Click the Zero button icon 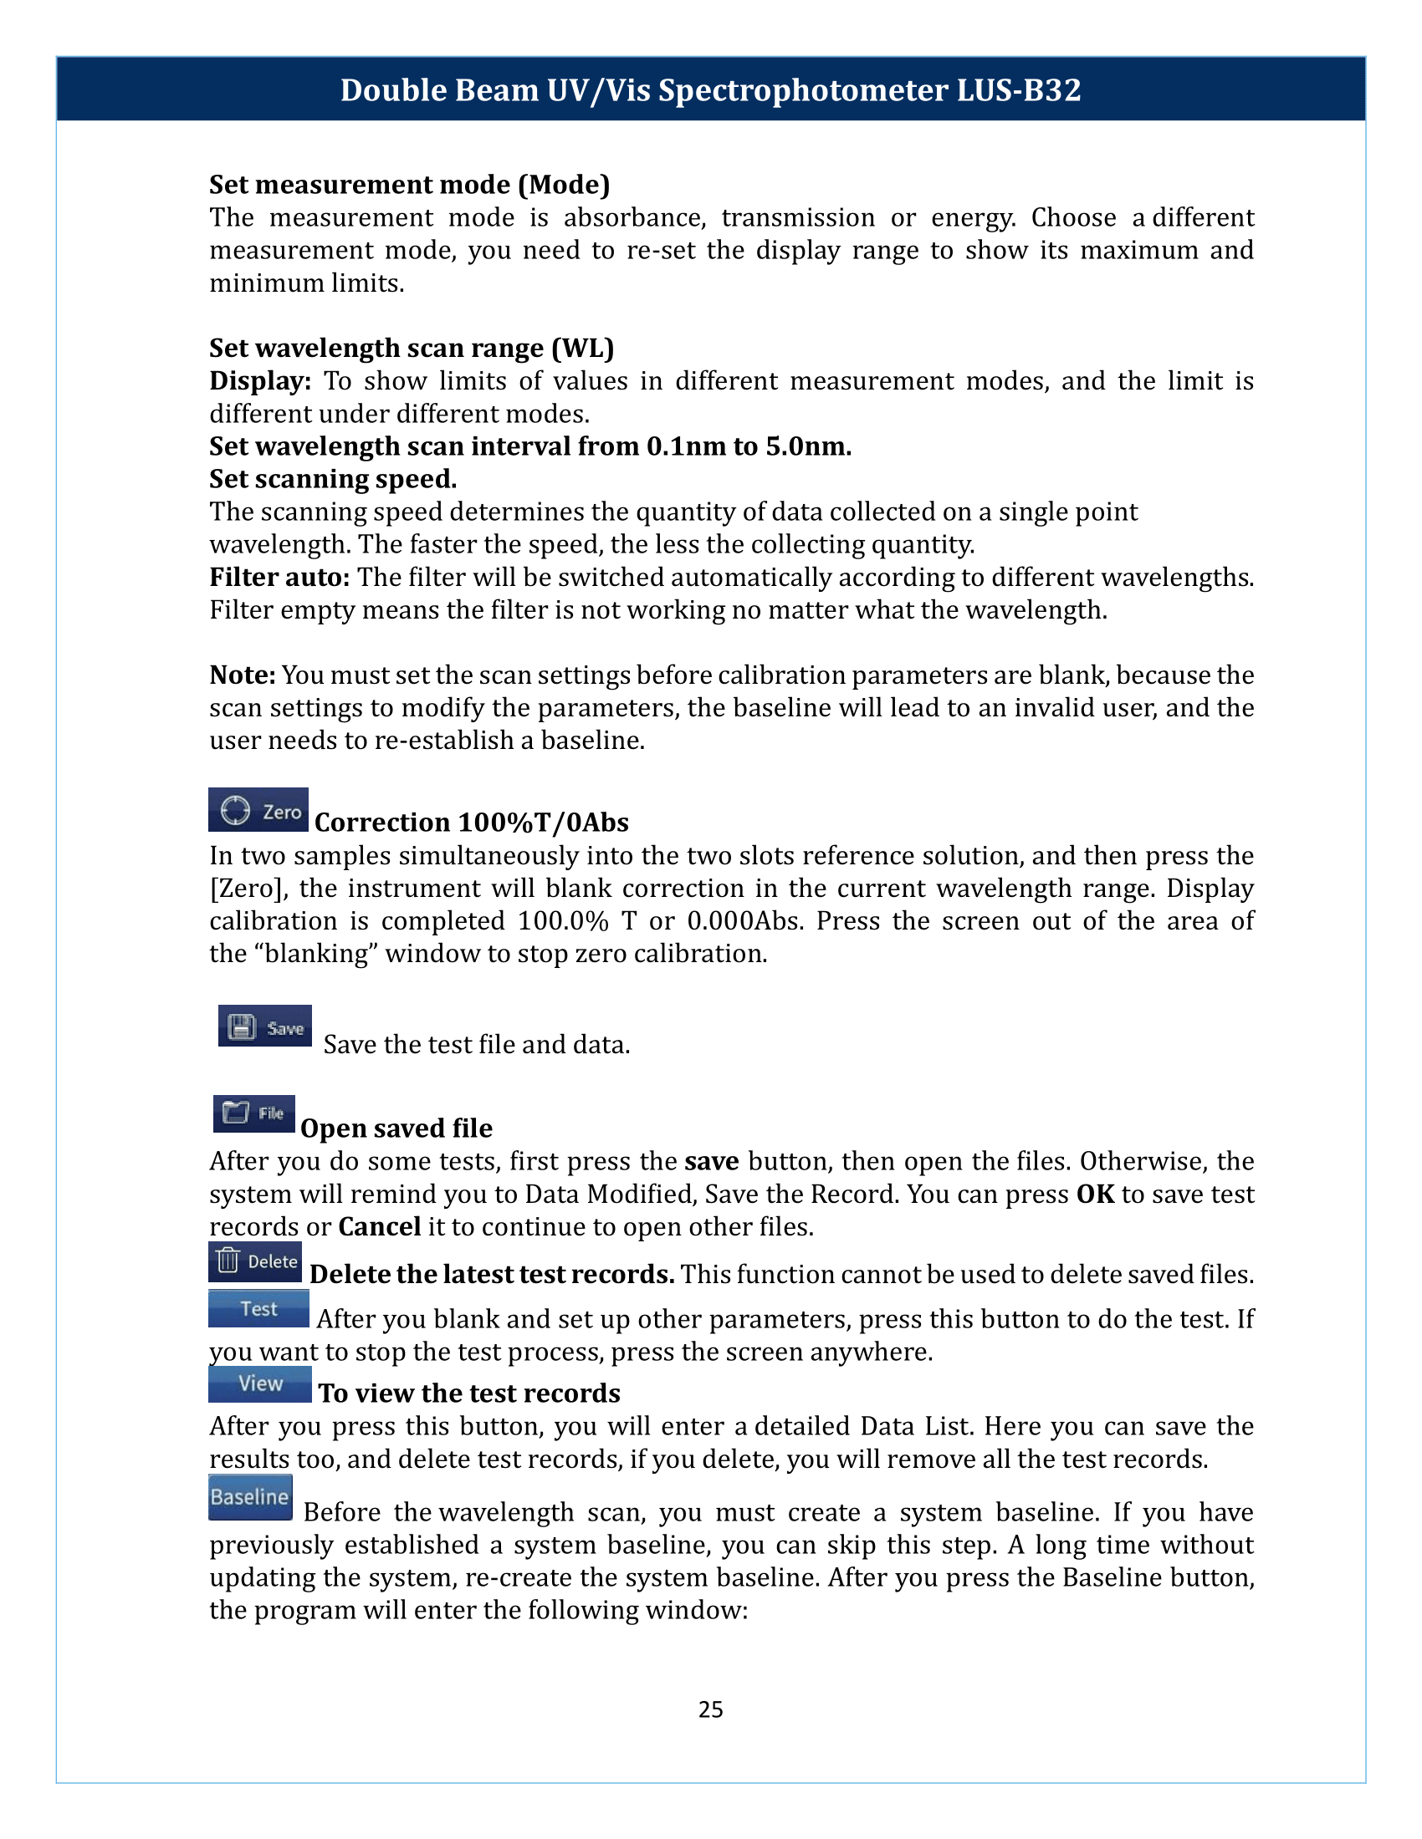click(x=258, y=810)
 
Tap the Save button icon click(x=264, y=1026)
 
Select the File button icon click(x=253, y=1113)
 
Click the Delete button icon click(x=255, y=1261)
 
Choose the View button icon click(x=259, y=1383)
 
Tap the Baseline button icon click(x=250, y=1496)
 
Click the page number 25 click(x=710, y=1709)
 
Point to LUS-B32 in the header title click(x=1019, y=90)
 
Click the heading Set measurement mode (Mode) click(x=409, y=185)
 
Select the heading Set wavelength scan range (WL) click(x=412, y=348)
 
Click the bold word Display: click(x=260, y=380)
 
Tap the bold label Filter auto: click(x=279, y=577)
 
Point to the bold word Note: click(x=243, y=675)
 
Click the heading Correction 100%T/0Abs click(x=472, y=822)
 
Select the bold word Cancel click(x=379, y=1226)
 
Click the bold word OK click(x=1095, y=1194)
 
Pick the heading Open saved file click(x=396, y=1128)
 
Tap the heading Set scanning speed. click(x=333, y=478)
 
